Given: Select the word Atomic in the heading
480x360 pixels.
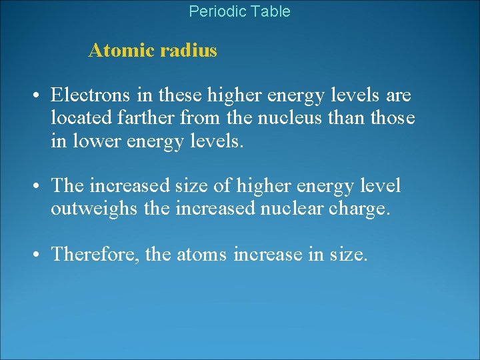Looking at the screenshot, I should pos(117,51).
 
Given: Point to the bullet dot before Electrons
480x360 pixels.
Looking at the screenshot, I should pos(33,96).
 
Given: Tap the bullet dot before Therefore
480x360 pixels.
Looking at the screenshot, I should pos(33,255).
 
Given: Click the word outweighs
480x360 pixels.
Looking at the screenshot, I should pos(94,209).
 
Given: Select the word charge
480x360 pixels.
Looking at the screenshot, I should pos(365,209).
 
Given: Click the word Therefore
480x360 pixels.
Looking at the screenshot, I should pos(94,255).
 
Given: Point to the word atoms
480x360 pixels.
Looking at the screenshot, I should pos(202,255).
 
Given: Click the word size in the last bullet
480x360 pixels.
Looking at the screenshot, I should pos(347,255).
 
